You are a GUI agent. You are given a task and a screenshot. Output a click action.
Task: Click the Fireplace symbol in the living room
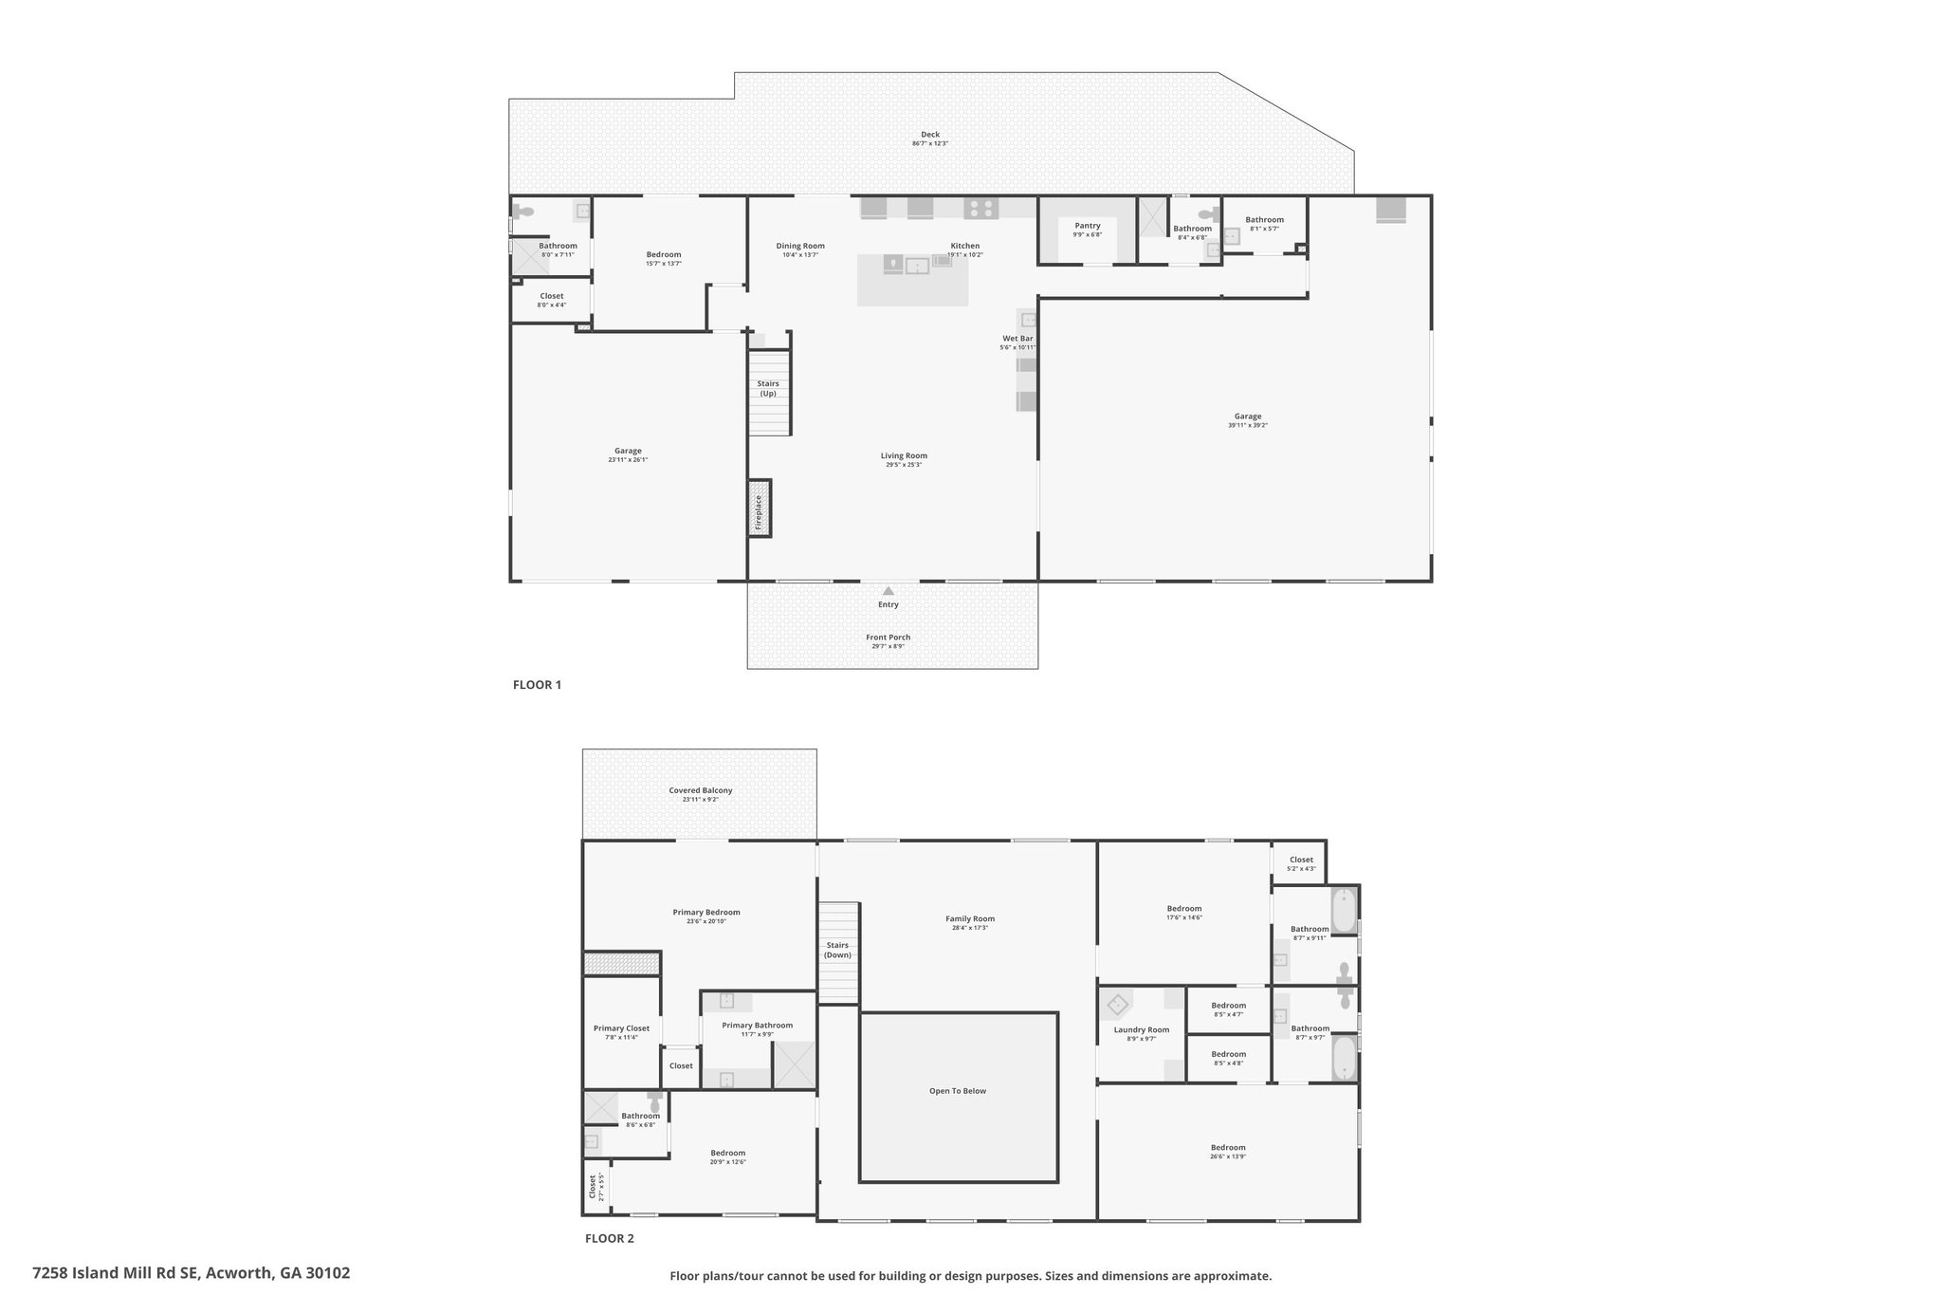point(759,509)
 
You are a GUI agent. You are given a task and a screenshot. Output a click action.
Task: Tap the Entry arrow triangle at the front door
point(889,591)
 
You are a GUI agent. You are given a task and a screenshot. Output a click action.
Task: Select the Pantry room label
point(1087,226)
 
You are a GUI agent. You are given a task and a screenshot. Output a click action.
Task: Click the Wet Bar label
point(1017,339)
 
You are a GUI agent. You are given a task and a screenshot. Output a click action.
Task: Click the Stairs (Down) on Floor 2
point(837,951)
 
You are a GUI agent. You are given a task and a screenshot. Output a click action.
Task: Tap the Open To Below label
point(958,1091)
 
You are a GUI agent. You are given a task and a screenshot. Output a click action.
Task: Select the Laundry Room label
point(1141,1030)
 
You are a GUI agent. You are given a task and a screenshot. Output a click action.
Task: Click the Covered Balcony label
point(700,790)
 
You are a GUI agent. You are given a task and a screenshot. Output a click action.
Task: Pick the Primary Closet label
point(621,1028)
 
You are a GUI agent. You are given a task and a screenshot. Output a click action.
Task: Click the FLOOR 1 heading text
point(537,685)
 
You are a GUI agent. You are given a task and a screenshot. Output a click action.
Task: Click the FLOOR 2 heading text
point(609,1238)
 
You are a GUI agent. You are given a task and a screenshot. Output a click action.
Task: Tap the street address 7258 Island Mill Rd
point(191,1273)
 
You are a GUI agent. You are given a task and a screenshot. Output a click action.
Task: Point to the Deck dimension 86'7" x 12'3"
point(929,144)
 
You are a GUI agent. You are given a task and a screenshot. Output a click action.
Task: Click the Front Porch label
point(888,638)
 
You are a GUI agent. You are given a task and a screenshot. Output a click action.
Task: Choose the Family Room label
point(969,918)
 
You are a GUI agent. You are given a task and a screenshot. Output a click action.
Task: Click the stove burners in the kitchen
point(981,208)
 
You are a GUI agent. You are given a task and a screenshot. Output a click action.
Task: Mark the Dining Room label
point(800,246)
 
